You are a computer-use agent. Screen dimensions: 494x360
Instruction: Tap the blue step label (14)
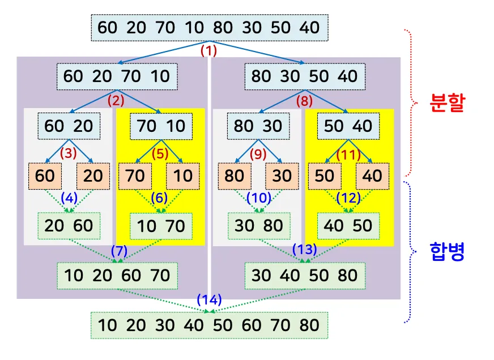click(x=209, y=299)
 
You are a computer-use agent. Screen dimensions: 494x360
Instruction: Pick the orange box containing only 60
click(x=45, y=176)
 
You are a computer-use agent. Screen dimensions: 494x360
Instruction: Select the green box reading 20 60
click(x=69, y=226)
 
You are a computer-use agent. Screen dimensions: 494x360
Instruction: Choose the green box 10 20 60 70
click(x=117, y=276)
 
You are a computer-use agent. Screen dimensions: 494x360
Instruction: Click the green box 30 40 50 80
click(x=305, y=276)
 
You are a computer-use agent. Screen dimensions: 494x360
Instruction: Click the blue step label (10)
click(x=259, y=198)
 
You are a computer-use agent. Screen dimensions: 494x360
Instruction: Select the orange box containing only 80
click(x=233, y=176)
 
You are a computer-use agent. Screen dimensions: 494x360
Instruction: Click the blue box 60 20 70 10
click(x=117, y=76)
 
